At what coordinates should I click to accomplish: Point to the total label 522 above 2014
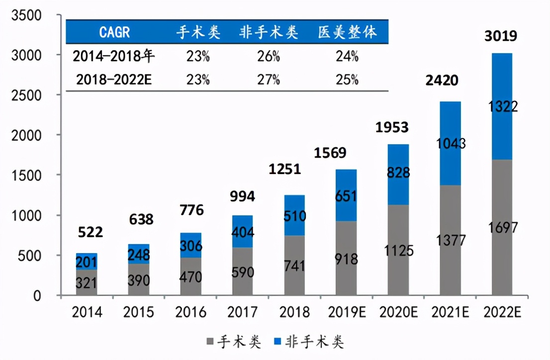click(90, 232)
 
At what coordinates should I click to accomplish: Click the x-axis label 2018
click(294, 312)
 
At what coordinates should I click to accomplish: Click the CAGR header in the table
click(114, 32)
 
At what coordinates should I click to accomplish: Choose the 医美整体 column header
click(347, 32)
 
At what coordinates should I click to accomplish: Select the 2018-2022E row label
click(113, 79)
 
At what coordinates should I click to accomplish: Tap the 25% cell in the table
click(347, 79)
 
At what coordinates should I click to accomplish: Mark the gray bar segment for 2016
click(191, 276)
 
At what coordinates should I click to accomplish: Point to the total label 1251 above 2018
click(285, 169)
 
